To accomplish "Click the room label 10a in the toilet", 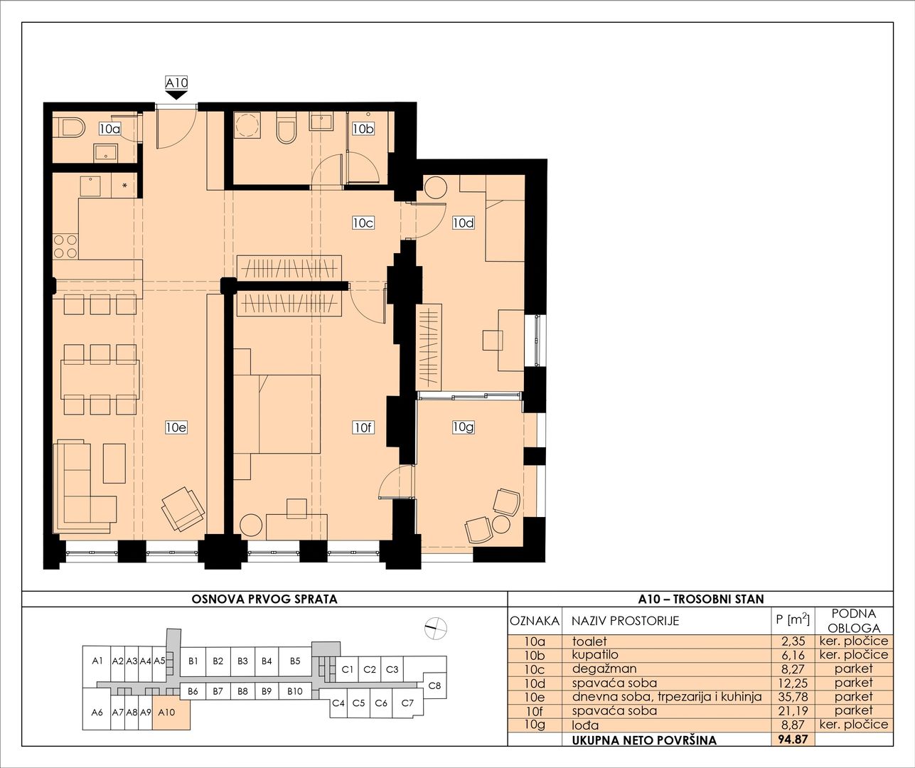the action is click(110, 129).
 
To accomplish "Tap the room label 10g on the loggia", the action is click(464, 427).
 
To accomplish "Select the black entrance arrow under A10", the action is click(176, 95).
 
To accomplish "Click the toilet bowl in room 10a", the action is click(71, 129).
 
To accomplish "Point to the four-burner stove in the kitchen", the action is click(65, 246).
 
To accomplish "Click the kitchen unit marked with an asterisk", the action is click(124, 186).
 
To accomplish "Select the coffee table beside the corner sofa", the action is click(114, 463).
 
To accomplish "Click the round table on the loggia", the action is click(501, 524).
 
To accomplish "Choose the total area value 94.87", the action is click(793, 740).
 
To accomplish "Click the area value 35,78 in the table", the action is click(793, 697).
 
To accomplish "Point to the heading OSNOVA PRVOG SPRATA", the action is click(264, 599).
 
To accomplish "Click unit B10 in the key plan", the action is click(295, 691).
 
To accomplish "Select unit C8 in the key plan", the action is click(434, 686).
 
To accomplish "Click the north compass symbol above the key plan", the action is click(436, 628).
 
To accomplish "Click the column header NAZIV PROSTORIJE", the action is click(626, 621).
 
